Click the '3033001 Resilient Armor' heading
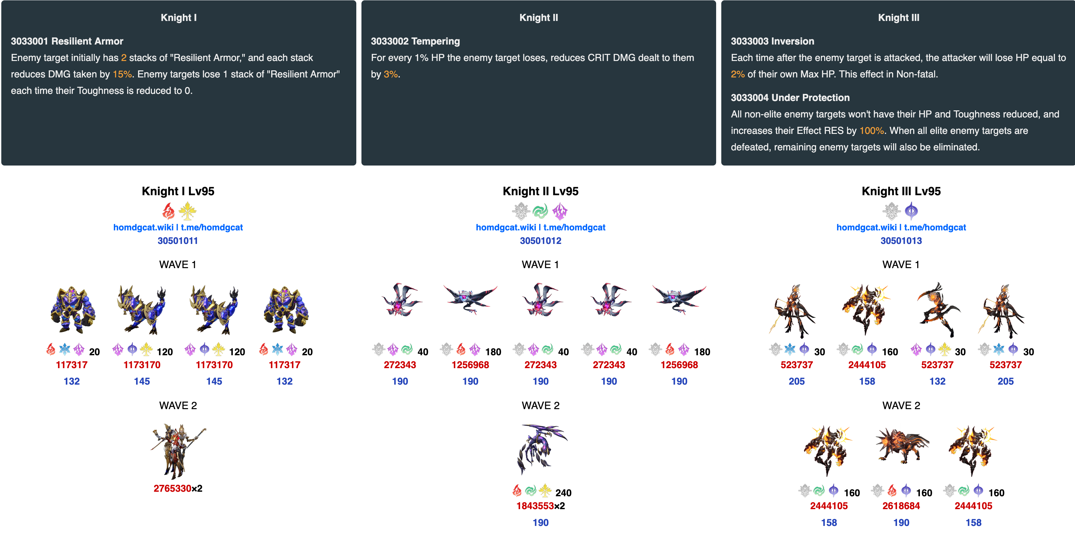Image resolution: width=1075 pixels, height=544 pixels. (67, 41)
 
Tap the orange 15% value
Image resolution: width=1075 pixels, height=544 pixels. (122, 74)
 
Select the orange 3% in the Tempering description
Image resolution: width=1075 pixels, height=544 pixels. (390, 74)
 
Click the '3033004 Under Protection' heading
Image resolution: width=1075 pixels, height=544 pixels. (790, 98)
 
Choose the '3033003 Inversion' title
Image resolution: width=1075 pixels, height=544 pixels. (773, 41)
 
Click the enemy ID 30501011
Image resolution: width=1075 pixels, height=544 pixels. (178, 241)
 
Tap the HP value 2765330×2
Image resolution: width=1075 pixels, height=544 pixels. (178, 489)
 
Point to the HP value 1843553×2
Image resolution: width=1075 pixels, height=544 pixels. (540, 506)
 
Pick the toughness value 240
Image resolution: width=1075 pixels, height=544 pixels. (563, 493)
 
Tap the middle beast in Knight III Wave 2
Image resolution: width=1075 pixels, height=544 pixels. (902, 446)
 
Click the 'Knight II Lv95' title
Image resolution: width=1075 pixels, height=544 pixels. (540, 191)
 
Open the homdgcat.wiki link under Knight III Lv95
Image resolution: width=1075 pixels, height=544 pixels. (866, 227)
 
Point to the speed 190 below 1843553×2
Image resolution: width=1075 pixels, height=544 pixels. (540, 523)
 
